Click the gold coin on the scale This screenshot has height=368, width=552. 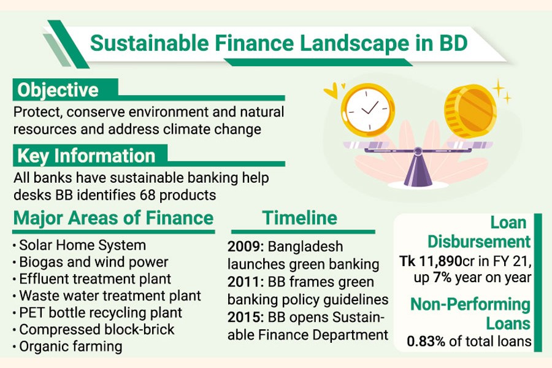(470, 111)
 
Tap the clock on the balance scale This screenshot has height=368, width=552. (367, 110)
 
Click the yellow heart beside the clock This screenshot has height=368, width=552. (331, 91)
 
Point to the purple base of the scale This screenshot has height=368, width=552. (418, 169)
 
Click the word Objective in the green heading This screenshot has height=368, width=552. (58, 90)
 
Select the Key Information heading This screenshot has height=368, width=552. (86, 156)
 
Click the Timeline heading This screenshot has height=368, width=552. (299, 218)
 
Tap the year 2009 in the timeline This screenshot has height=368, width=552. (245, 246)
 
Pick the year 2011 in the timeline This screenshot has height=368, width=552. (245, 282)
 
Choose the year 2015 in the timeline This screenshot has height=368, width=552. (245, 317)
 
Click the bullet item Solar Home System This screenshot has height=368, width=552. (82, 245)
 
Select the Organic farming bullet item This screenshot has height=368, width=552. (71, 347)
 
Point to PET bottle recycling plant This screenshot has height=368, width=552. (101, 313)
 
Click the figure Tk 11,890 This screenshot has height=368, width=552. (431, 261)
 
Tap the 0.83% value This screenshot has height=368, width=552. (426, 341)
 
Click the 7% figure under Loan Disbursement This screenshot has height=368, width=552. (442, 277)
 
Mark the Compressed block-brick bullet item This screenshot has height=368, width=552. (97, 329)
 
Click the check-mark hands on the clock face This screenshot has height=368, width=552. (370, 108)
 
